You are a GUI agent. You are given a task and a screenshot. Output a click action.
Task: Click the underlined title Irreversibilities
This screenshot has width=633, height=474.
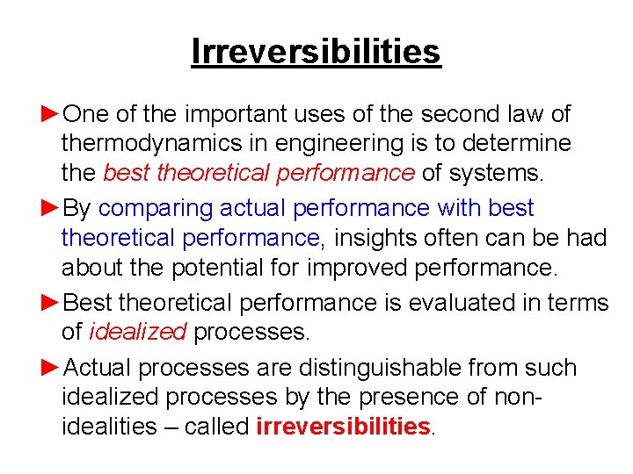pos(316,52)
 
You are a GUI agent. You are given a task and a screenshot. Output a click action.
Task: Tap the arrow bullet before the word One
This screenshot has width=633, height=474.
pos(52,113)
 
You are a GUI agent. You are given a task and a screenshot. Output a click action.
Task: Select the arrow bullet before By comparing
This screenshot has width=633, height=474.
pos(52,208)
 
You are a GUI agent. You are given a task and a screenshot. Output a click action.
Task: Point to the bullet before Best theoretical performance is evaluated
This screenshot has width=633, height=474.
pos(52,303)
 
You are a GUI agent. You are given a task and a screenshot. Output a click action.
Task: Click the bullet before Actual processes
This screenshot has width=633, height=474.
pos(52,367)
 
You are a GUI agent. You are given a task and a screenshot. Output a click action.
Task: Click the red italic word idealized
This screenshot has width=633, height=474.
pos(137,332)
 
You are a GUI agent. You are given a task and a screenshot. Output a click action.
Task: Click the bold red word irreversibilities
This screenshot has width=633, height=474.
pos(343,426)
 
